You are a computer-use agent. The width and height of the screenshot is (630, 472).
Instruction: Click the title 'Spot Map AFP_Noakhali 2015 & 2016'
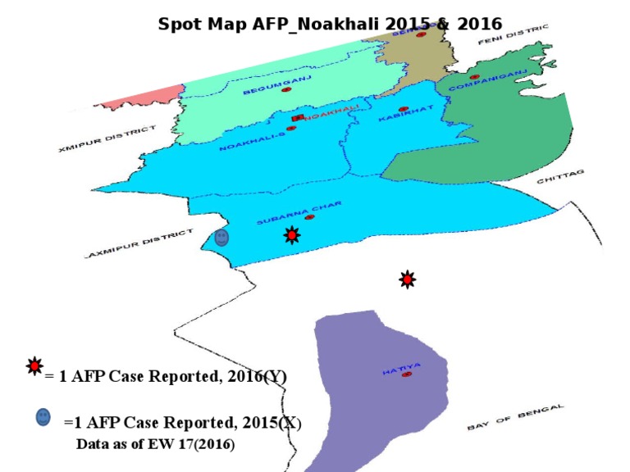tap(330, 24)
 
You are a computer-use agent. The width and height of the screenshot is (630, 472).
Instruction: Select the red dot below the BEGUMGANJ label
tap(286, 89)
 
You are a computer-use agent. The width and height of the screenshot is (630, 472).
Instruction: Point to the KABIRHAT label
tap(402, 118)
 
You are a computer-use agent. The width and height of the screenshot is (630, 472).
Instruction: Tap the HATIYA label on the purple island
tap(401, 370)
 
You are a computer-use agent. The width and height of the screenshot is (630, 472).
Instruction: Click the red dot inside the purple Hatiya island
tap(407, 374)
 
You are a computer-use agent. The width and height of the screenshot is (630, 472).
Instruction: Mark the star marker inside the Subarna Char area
tap(291, 235)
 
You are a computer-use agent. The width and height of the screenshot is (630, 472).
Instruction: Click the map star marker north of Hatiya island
tap(407, 279)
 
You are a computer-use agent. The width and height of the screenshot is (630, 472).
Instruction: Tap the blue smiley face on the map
tap(221, 238)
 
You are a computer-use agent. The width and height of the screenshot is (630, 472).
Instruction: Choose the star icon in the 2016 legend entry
tap(34, 366)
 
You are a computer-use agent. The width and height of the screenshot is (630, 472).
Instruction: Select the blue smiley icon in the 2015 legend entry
tap(43, 417)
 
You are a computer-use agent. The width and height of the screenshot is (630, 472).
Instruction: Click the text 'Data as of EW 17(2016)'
tap(155, 445)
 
